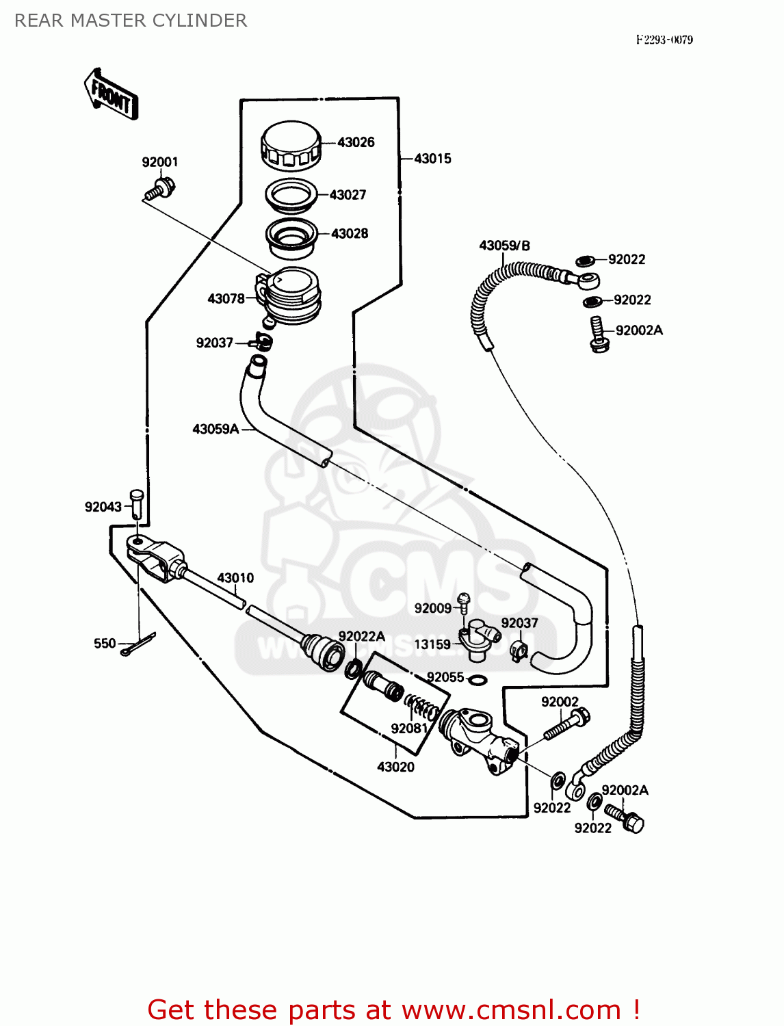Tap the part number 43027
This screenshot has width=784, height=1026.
click(x=348, y=195)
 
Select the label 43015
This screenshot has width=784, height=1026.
click(x=432, y=159)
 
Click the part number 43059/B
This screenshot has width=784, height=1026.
click(x=504, y=246)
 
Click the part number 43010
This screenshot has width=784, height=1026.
click(x=235, y=578)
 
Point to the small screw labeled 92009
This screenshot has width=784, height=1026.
click(x=463, y=603)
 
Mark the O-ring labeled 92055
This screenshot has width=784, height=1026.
click(x=478, y=680)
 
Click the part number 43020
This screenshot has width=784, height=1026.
click(x=395, y=767)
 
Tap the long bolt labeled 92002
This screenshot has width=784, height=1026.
click(x=566, y=726)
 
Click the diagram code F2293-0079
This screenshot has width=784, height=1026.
click(x=664, y=40)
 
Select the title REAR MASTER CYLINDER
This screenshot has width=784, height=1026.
click(x=131, y=21)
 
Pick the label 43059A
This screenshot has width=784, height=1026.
click(x=215, y=429)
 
